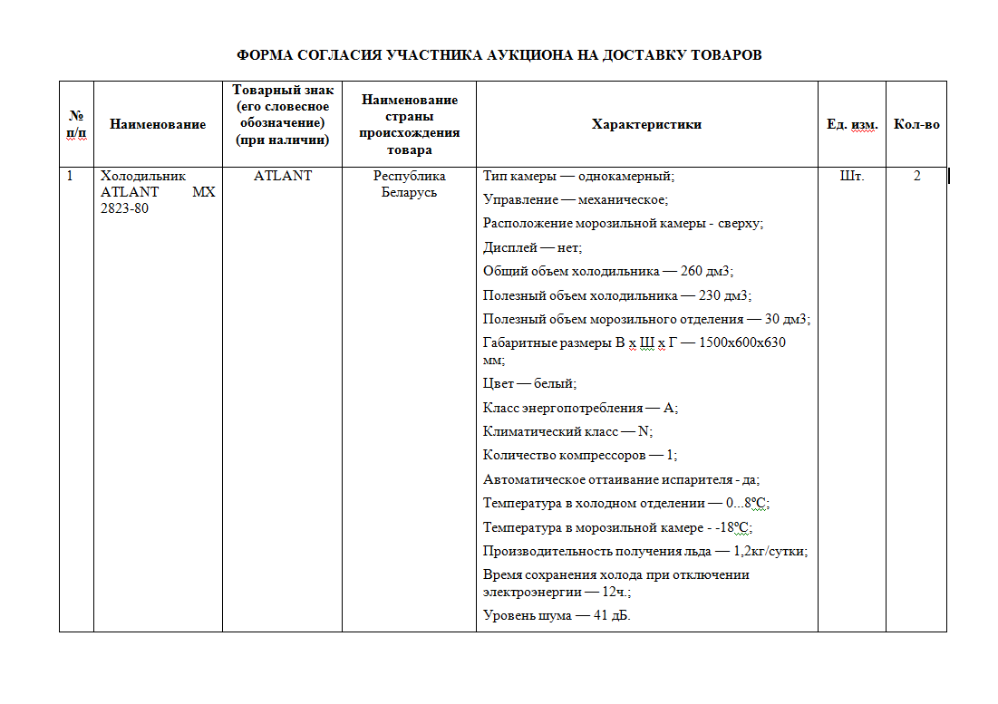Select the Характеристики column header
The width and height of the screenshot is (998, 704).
pos(646,124)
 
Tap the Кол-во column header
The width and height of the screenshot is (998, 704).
pos(916,124)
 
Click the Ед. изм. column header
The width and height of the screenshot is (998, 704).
pos(852,124)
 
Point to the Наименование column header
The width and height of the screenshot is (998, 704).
pos(158,124)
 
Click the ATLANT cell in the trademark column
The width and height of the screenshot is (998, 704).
pos(282,176)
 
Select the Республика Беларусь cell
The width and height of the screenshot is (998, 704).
pos(409,184)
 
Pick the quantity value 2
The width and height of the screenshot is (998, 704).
pos(916,176)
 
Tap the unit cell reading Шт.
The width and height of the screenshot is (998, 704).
pos(852,176)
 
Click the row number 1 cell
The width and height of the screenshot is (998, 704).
pos(71,176)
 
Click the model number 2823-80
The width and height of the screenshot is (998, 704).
pos(125,208)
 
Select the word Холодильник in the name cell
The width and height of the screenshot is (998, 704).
pos(143,176)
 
